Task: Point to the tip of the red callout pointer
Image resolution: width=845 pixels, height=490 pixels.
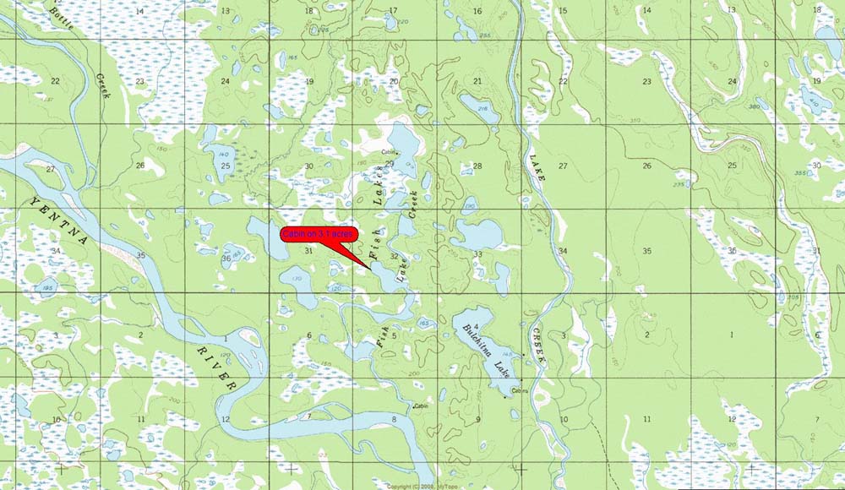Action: (x=368, y=268)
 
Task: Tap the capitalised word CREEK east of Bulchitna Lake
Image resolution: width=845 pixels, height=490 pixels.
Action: (x=537, y=346)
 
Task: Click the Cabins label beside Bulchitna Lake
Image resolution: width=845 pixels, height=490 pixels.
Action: (x=520, y=390)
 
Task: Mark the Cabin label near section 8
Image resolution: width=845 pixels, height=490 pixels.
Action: (x=422, y=406)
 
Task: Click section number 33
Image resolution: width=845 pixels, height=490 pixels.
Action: (x=477, y=253)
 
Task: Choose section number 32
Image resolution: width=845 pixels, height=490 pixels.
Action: (x=394, y=246)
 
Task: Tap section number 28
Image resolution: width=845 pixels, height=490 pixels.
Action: (x=477, y=166)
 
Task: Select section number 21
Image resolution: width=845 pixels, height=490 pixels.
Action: (x=477, y=81)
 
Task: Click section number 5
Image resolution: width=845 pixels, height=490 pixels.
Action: (x=394, y=336)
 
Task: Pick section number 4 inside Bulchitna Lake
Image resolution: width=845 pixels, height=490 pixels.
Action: (x=477, y=326)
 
